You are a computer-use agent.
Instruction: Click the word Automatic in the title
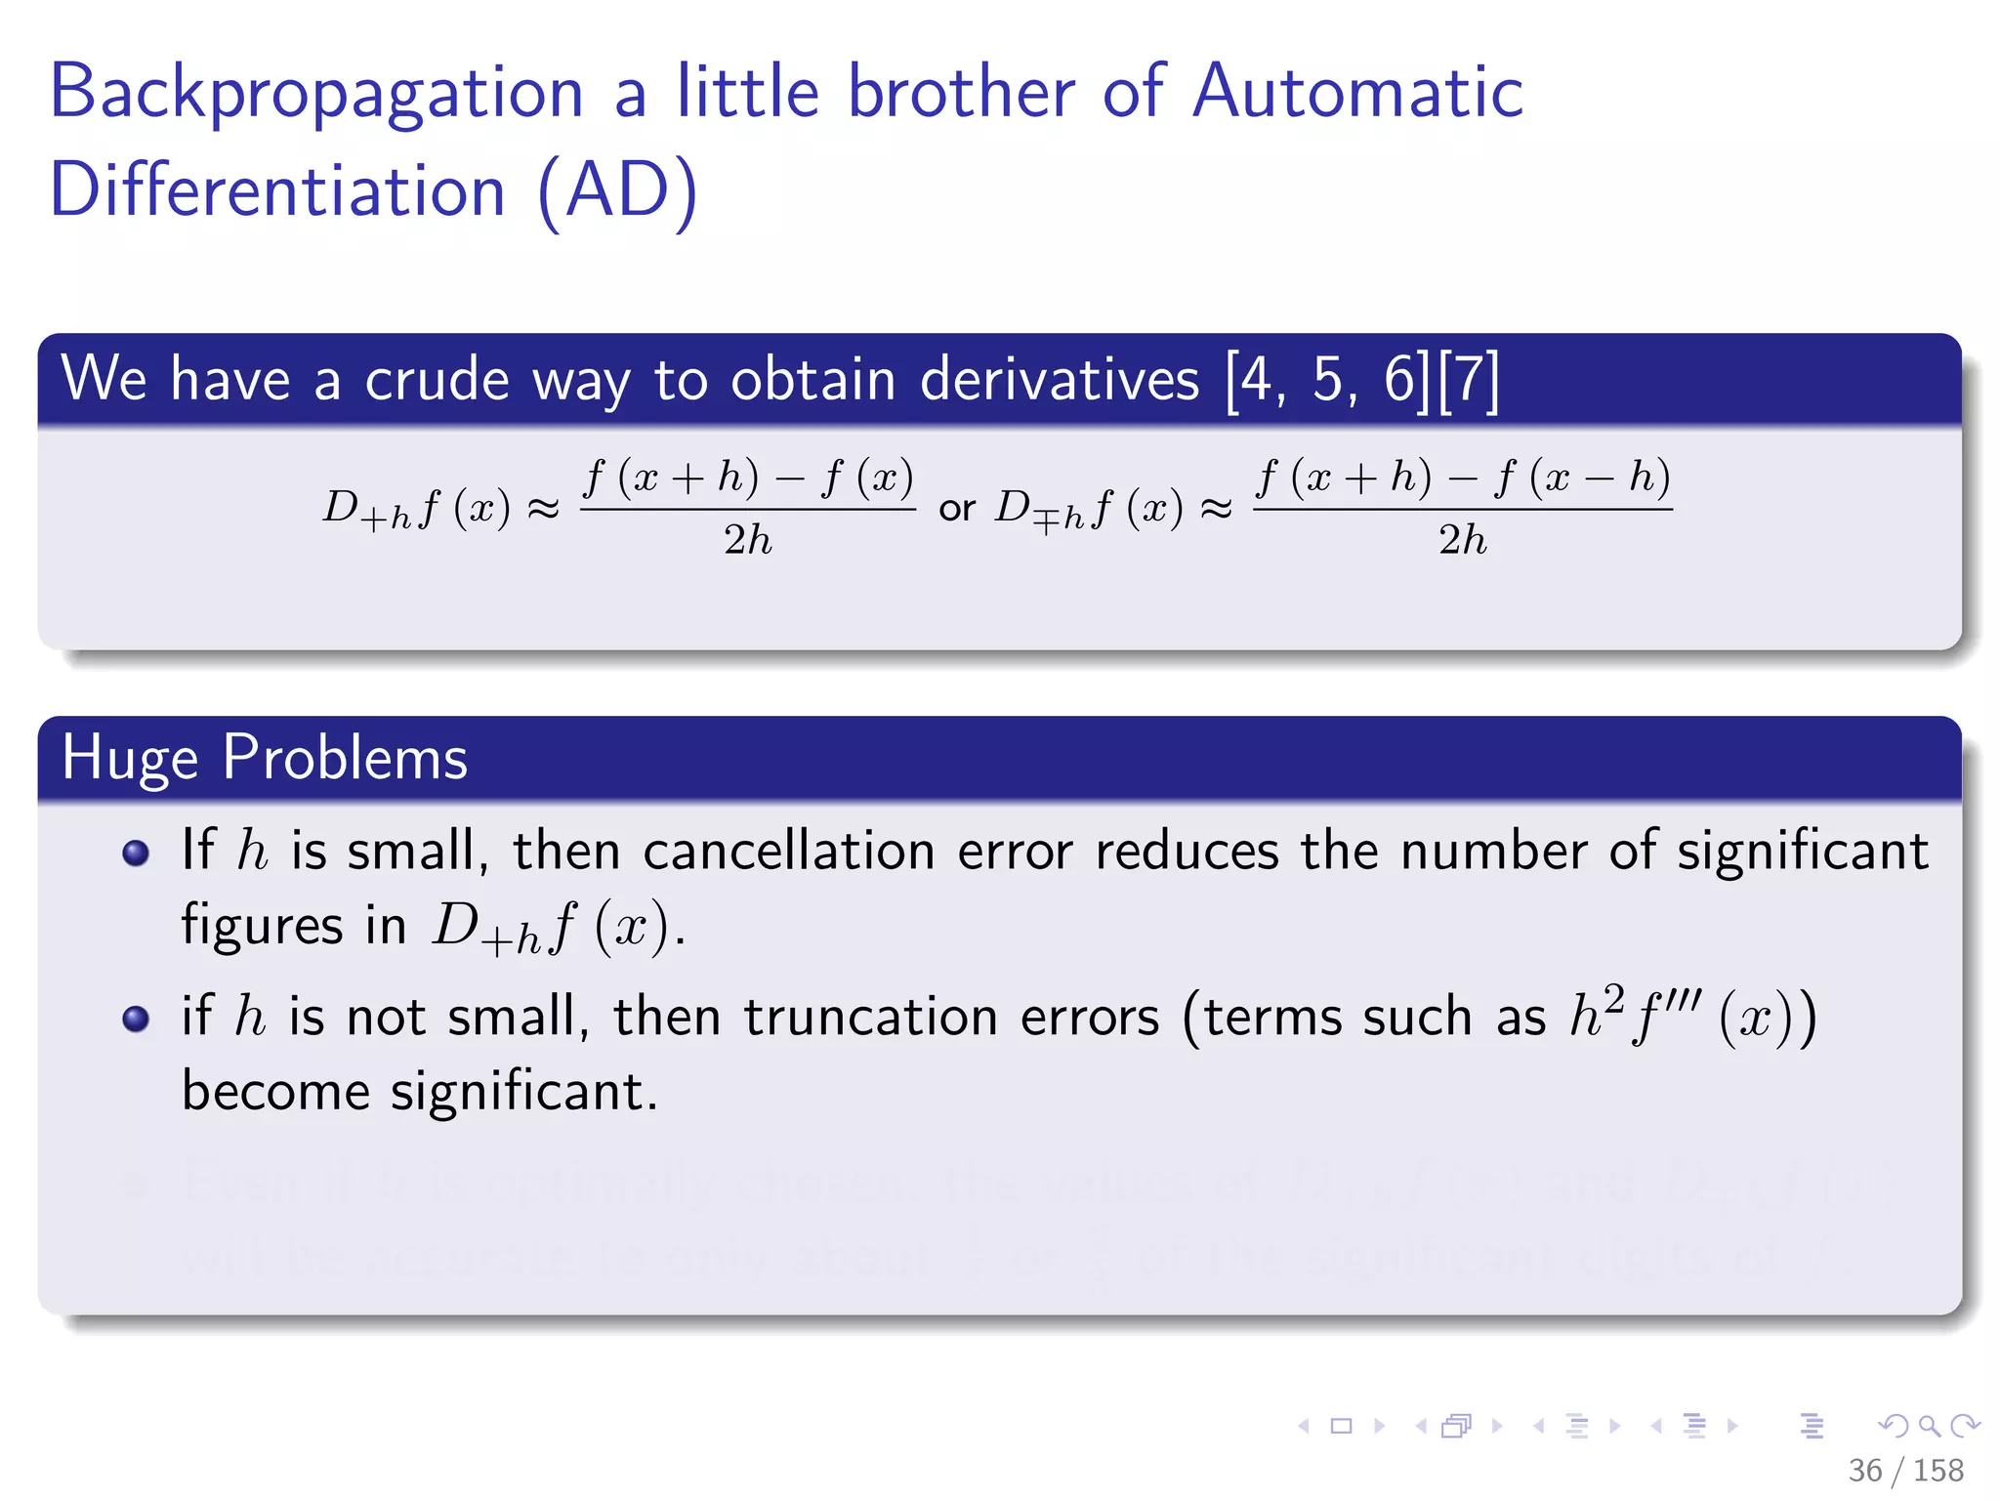point(1357,92)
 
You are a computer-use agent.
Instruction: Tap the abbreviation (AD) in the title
point(618,190)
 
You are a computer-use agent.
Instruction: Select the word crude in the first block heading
point(437,379)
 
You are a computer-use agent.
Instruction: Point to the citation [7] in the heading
point(1469,379)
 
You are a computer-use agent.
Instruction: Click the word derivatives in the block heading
point(1059,379)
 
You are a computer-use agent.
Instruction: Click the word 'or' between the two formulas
point(956,508)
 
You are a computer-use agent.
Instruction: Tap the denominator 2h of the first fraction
point(748,540)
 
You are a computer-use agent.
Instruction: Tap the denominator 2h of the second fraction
point(1462,540)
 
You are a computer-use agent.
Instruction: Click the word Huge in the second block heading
point(130,758)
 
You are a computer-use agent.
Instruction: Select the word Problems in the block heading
point(345,758)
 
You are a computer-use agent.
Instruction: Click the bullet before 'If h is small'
point(136,853)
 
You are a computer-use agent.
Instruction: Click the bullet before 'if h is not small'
point(136,1020)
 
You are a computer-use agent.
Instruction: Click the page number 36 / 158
point(1905,1470)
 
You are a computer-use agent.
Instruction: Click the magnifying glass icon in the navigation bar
point(1929,1426)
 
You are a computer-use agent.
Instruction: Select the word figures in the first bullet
point(262,926)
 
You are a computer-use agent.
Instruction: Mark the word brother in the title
point(961,92)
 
